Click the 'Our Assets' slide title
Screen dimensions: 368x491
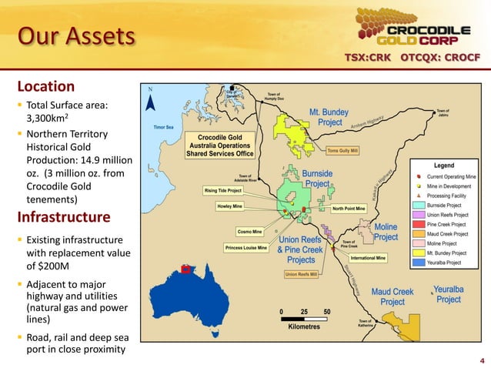tap(76, 36)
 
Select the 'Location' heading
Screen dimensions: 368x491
tap(46, 86)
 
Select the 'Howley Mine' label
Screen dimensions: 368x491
tap(234, 206)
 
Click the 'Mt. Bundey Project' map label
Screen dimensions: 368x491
tap(329, 117)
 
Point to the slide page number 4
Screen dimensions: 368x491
tap(482, 359)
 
